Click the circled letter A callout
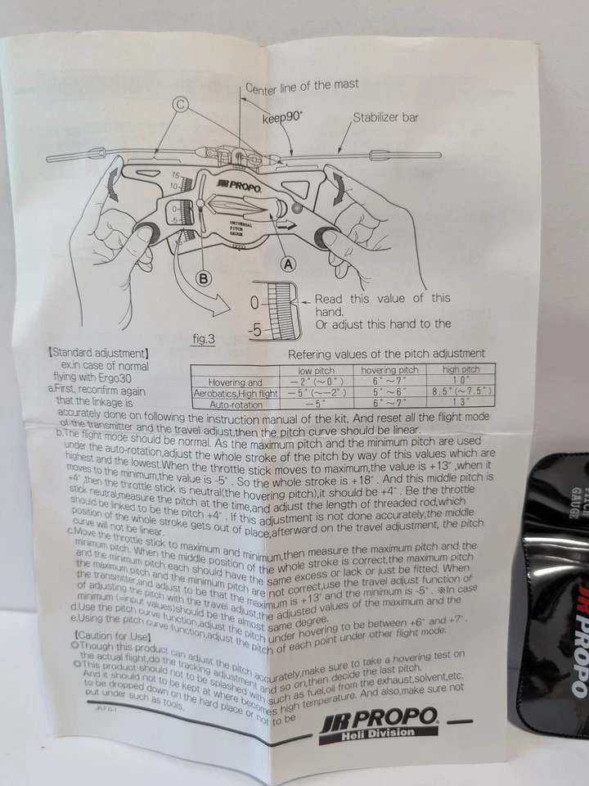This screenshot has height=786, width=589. coord(286,263)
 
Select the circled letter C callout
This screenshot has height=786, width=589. coord(181,103)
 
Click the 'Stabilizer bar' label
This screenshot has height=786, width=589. coord(385,117)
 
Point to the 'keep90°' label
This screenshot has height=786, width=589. coord(282,118)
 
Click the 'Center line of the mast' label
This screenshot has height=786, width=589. coord(302,84)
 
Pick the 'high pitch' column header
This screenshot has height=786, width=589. coord(462,370)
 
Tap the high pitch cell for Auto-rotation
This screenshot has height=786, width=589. coord(463,402)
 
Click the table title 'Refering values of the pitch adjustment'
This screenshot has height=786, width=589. coord(386,354)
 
